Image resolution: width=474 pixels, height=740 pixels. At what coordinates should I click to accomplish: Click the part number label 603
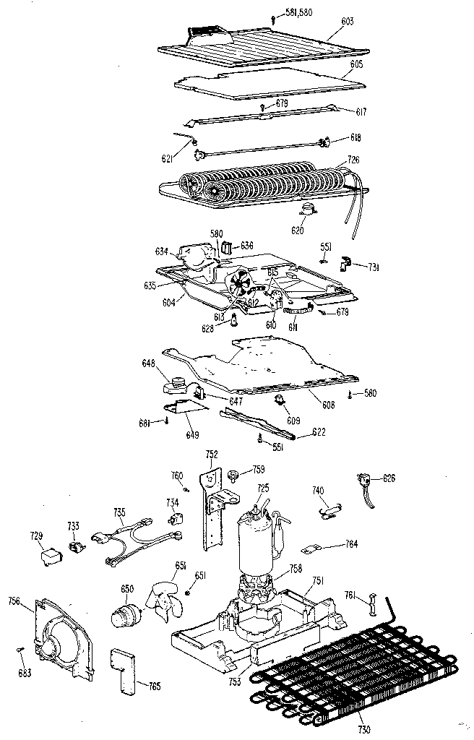348,22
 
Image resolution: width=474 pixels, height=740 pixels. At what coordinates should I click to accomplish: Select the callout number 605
356,64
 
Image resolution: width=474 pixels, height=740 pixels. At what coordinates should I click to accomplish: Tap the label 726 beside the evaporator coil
353,159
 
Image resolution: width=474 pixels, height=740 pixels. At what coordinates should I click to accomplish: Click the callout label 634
161,251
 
